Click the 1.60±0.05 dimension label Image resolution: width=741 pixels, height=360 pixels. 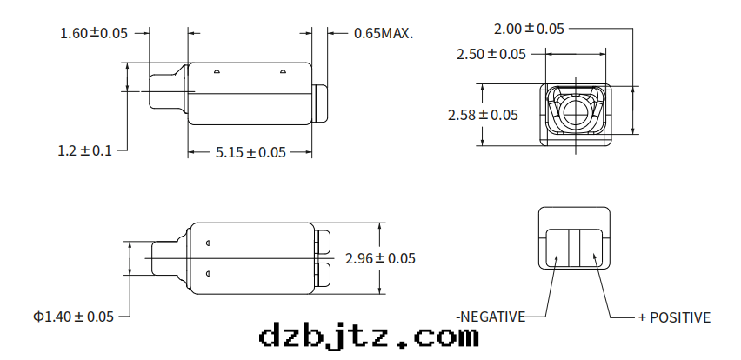tap(94, 33)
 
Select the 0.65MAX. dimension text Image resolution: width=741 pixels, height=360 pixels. tap(384, 33)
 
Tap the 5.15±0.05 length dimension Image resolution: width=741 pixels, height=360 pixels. tap(250, 152)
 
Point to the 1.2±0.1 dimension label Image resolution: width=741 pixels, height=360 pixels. tap(85, 150)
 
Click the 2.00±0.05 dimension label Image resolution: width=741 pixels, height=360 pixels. tap(529, 29)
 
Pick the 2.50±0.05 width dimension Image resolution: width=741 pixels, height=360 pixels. tap(491, 54)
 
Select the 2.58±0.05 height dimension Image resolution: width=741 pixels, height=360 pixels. tap(483, 115)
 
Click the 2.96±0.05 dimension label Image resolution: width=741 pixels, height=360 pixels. tap(380, 258)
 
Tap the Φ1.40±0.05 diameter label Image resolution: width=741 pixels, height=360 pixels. tap(73, 316)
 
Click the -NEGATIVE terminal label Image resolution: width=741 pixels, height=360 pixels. tap(491, 317)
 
